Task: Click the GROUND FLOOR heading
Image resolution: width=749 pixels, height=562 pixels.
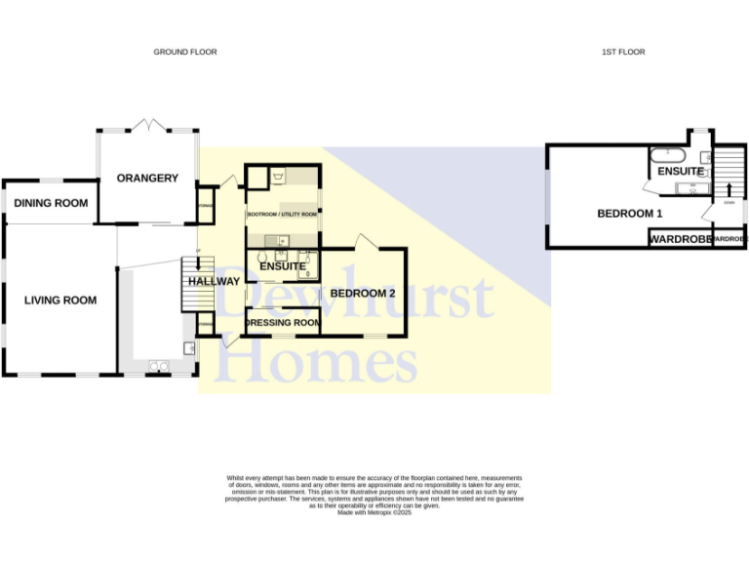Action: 185,52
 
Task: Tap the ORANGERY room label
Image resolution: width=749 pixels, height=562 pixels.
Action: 147,178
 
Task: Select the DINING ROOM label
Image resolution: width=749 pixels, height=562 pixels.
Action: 51,203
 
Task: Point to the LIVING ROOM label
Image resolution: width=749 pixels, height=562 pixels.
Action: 60,301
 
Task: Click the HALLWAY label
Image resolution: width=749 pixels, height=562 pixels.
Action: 214,282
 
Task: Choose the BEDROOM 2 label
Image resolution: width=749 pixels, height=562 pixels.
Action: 362,293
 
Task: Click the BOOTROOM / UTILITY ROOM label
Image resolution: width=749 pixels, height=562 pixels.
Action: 282,214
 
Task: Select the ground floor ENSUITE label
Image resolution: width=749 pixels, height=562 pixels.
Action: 283,265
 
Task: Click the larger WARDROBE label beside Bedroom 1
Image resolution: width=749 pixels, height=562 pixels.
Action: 679,239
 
